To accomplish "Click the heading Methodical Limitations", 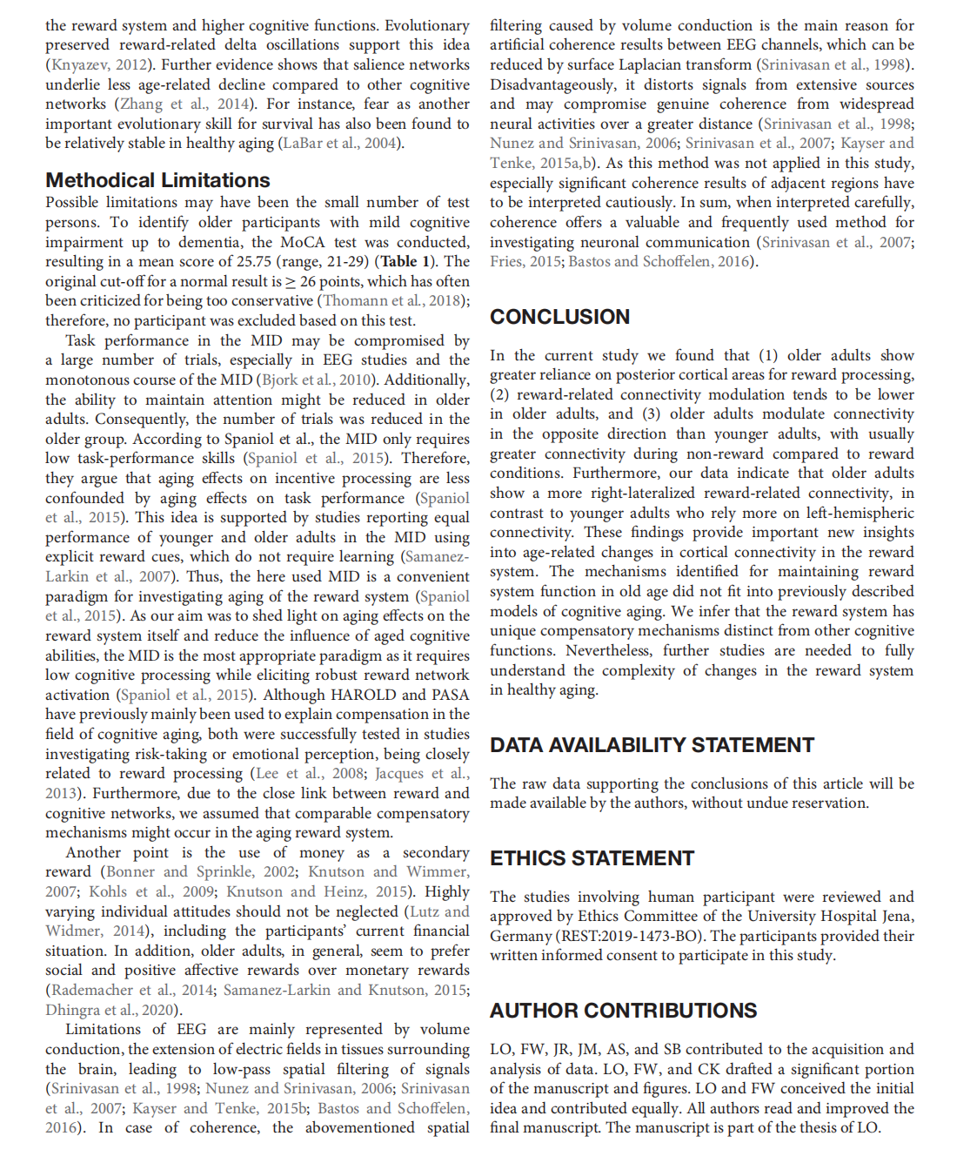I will click(157, 180).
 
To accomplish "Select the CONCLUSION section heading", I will click(559, 317).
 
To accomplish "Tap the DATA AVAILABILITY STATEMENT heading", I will click(652, 745).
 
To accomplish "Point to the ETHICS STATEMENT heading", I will click(592, 858).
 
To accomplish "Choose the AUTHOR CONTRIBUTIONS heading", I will click(623, 1011).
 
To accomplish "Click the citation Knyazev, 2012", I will click(97, 64).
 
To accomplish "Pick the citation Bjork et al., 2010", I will click(318, 380).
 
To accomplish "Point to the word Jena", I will click(894, 917).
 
